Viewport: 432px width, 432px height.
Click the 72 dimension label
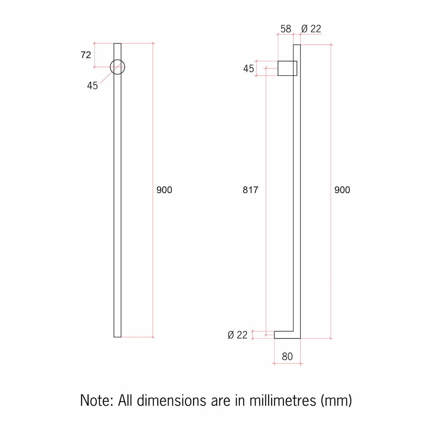[x=86, y=55]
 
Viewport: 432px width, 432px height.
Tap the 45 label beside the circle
[x=92, y=86]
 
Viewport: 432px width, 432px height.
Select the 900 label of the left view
[x=164, y=190]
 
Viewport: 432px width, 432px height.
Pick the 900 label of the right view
[x=342, y=190]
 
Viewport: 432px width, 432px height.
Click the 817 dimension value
[x=251, y=190]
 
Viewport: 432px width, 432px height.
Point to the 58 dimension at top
[x=286, y=29]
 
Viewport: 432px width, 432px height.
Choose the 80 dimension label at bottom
[x=287, y=356]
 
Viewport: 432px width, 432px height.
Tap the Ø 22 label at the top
[x=311, y=29]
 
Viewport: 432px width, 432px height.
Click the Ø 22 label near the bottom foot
[x=238, y=335]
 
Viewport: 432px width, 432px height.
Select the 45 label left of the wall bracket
[x=248, y=68]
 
